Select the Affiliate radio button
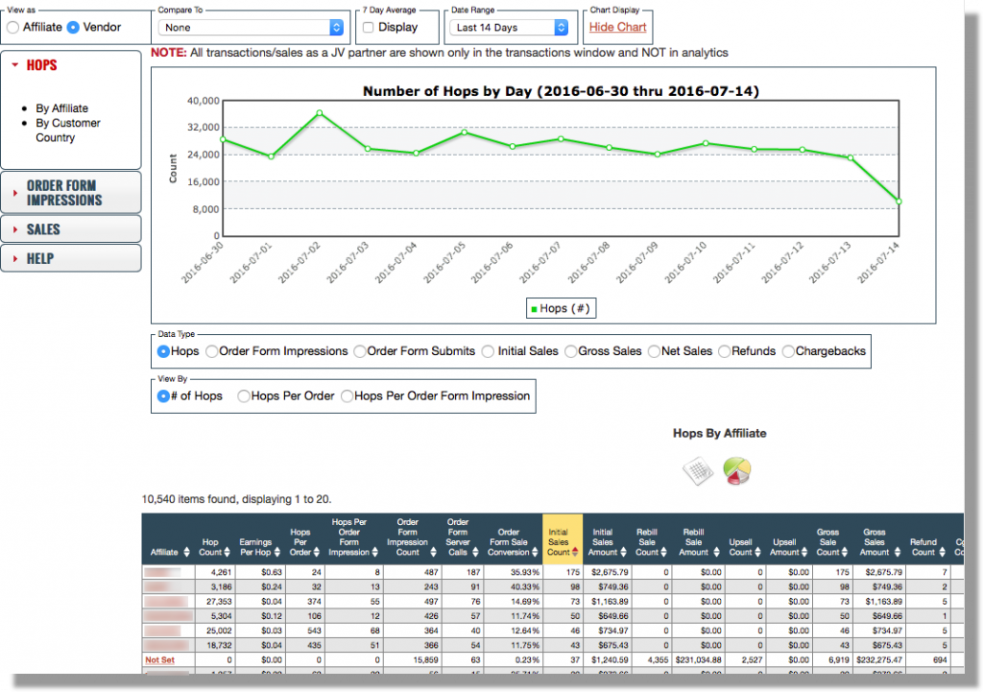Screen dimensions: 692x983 13,28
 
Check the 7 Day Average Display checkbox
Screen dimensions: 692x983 369,28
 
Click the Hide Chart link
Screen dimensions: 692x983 617,27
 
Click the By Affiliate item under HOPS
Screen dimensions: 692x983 61,108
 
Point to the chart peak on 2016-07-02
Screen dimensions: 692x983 319,112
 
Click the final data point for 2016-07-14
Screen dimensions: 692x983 899,202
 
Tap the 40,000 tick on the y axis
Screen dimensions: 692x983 203,100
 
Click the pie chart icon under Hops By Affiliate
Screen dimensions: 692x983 737,470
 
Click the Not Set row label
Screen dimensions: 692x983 158,660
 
